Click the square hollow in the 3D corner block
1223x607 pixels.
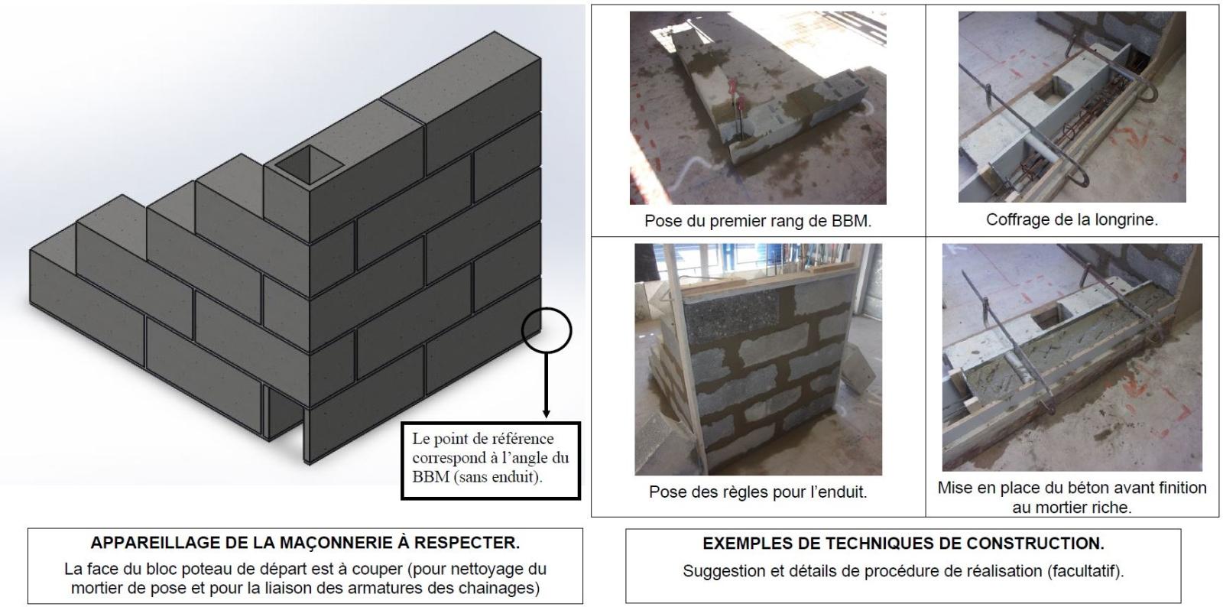(310, 164)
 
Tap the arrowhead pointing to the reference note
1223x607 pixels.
(546, 414)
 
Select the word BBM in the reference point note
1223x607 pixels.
(430, 477)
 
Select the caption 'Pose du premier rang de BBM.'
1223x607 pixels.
(757, 220)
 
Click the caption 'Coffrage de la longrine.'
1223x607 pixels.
(1072, 219)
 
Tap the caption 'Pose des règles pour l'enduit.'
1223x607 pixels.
(757, 492)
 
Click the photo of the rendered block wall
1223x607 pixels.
(757, 359)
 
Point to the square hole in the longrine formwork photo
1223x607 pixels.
(1049, 88)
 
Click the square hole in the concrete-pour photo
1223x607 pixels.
(1048, 316)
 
